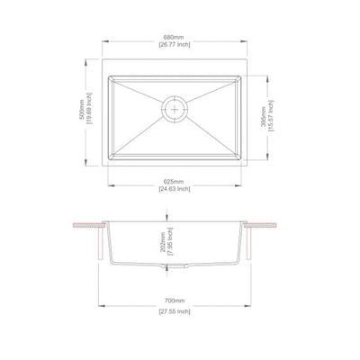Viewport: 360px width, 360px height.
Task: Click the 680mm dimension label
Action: (x=174, y=37)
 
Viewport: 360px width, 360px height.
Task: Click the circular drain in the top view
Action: (x=174, y=108)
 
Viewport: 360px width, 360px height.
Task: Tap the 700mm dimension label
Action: (x=174, y=302)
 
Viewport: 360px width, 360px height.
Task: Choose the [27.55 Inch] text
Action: (x=174, y=311)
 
